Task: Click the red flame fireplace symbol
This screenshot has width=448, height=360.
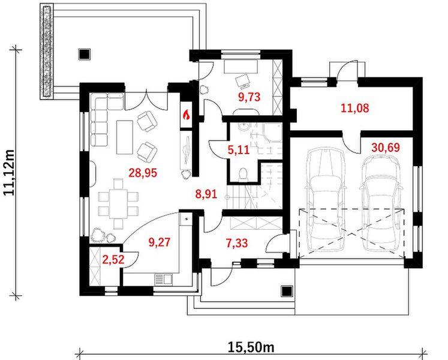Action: (187, 115)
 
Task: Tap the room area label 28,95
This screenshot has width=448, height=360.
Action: (143, 173)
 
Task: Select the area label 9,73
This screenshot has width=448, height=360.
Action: (249, 97)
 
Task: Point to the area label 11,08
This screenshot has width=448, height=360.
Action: (355, 108)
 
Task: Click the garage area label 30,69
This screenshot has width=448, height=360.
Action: (386, 148)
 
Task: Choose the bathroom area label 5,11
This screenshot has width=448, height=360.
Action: (239, 149)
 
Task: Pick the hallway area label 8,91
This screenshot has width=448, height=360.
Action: (206, 194)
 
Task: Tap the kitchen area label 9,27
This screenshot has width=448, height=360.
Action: (160, 242)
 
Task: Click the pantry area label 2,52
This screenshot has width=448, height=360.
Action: (113, 260)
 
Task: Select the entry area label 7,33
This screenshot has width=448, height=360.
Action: (237, 244)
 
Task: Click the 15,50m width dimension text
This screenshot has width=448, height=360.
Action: (251, 347)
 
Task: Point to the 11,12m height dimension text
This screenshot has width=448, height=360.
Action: (10, 172)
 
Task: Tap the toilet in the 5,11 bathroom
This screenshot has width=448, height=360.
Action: (243, 175)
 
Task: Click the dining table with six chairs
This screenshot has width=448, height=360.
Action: (118, 203)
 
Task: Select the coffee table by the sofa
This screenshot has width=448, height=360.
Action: (125, 137)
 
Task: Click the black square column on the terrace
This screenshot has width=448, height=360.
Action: (85, 54)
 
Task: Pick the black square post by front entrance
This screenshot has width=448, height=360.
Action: (287, 292)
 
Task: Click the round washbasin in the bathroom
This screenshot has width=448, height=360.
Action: (244, 127)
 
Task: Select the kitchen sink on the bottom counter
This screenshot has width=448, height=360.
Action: (163, 280)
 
